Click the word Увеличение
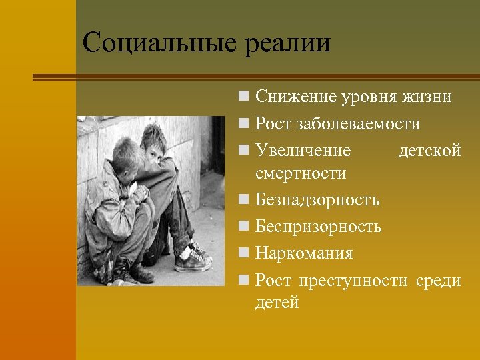[x=303, y=151]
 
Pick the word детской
[x=429, y=151]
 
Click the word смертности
[x=300, y=174]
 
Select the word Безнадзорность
[x=317, y=199]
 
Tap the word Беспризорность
[x=318, y=227]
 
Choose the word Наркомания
[x=304, y=253]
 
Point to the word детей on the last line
[x=277, y=303]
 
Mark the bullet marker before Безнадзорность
[x=246, y=200]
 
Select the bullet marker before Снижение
[x=246, y=98]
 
